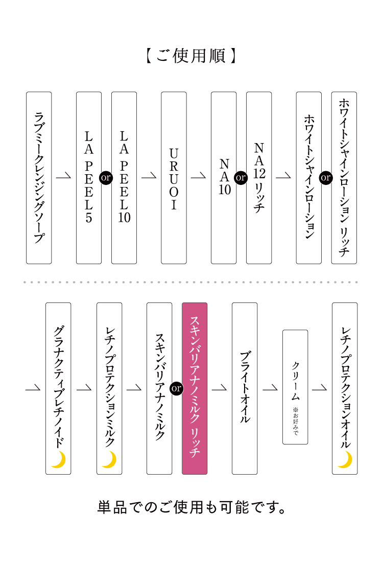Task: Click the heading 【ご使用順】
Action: (192, 56)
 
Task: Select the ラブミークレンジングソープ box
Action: (39, 178)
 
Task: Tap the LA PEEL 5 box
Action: (89, 178)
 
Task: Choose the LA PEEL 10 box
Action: (124, 178)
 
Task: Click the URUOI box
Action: (174, 178)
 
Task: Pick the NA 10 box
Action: (224, 178)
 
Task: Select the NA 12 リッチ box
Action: (259, 178)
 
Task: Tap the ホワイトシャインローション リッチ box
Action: (344, 178)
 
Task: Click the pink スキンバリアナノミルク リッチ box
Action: (195, 388)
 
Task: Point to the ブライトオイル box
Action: (245, 388)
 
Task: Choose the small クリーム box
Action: (295, 387)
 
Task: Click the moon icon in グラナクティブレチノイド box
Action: (58, 459)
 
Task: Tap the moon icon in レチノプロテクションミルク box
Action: (109, 459)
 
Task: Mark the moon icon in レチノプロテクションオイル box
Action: (345, 459)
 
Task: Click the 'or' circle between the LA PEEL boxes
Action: (106, 178)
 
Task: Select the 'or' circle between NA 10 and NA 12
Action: (241, 178)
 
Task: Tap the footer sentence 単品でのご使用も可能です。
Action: (192, 508)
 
